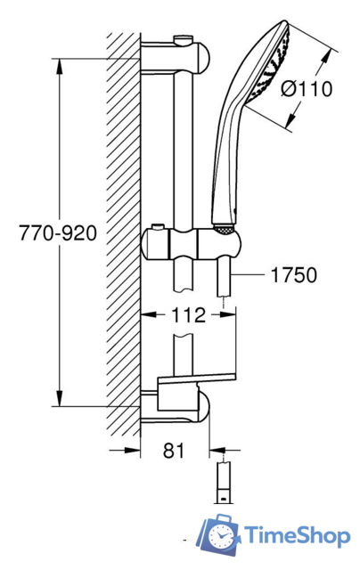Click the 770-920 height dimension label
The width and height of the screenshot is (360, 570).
pos(58,233)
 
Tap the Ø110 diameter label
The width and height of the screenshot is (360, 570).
pos(307,89)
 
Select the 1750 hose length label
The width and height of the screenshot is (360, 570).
pos(294,275)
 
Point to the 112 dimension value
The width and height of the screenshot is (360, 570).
pos(188,314)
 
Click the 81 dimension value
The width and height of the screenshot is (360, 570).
pos(174,451)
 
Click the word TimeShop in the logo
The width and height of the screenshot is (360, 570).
pos(298,536)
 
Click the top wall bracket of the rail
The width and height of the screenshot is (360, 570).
pos(176,58)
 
